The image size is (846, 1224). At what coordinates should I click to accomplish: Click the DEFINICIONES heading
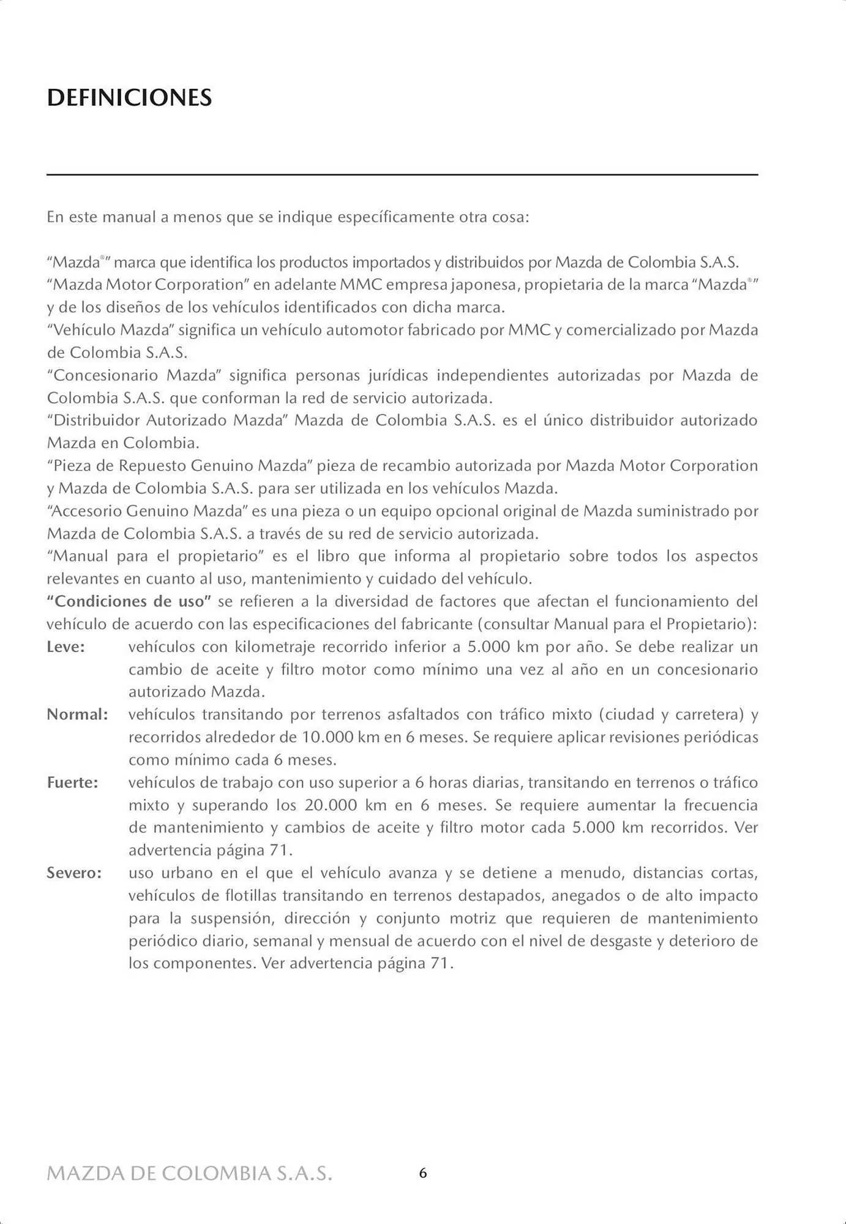point(129,98)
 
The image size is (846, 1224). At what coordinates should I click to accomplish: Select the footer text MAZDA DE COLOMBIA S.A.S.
point(190,1174)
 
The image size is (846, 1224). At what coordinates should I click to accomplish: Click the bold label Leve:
point(66,647)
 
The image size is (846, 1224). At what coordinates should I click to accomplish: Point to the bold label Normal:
point(77,715)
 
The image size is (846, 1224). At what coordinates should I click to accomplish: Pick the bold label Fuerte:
point(72,783)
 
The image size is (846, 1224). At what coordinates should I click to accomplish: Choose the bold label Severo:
point(74,873)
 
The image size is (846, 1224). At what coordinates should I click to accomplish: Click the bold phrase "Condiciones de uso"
point(129,602)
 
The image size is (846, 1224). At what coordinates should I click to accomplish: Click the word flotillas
point(247,896)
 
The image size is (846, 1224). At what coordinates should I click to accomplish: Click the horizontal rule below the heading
point(402,175)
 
